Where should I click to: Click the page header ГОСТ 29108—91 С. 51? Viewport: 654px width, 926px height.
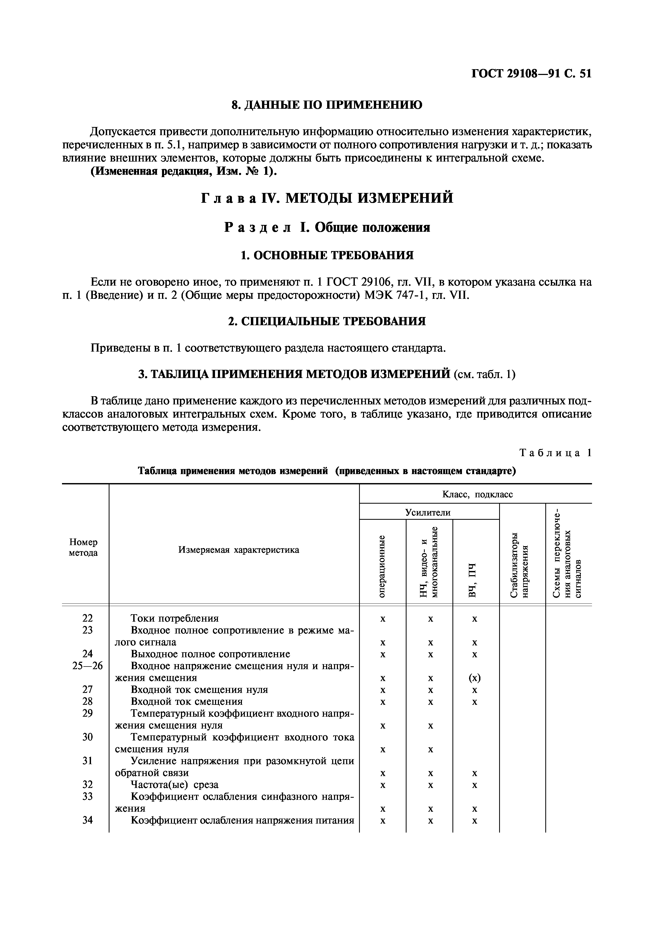pos(531,74)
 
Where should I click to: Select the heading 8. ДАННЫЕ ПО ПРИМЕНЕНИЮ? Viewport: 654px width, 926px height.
pos(327,105)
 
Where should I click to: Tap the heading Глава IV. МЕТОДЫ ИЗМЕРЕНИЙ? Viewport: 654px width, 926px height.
pos(327,198)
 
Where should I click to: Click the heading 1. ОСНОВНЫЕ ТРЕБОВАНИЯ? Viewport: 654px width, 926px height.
pos(327,255)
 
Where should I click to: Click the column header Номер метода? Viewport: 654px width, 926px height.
pos(83,547)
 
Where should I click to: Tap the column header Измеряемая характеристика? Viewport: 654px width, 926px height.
pos(238,550)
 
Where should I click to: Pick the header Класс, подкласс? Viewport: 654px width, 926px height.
pos(478,494)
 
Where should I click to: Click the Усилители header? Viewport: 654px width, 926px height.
pos(428,512)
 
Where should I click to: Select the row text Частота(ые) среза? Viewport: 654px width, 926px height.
pos(175,785)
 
